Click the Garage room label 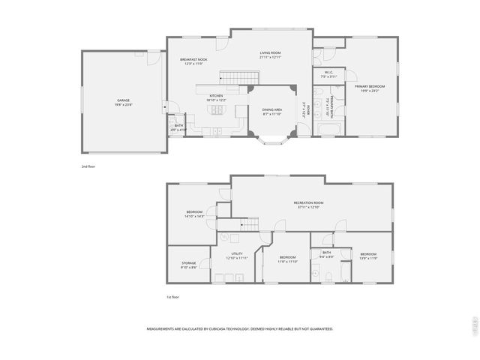click(x=123, y=100)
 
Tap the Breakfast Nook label click(x=193, y=60)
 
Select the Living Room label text click(x=270, y=53)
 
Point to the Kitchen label click(x=216, y=95)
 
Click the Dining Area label click(x=271, y=110)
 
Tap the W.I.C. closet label click(x=329, y=73)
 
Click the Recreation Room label click(x=308, y=203)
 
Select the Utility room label click(x=237, y=253)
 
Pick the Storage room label click(x=188, y=262)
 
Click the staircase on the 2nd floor click(x=239, y=77)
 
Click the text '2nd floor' click(x=89, y=166)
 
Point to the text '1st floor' click(x=173, y=297)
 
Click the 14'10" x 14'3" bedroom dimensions click(x=195, y=216)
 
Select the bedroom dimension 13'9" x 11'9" click(x=368, y=258)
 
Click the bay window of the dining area click(x=271, y=139)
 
